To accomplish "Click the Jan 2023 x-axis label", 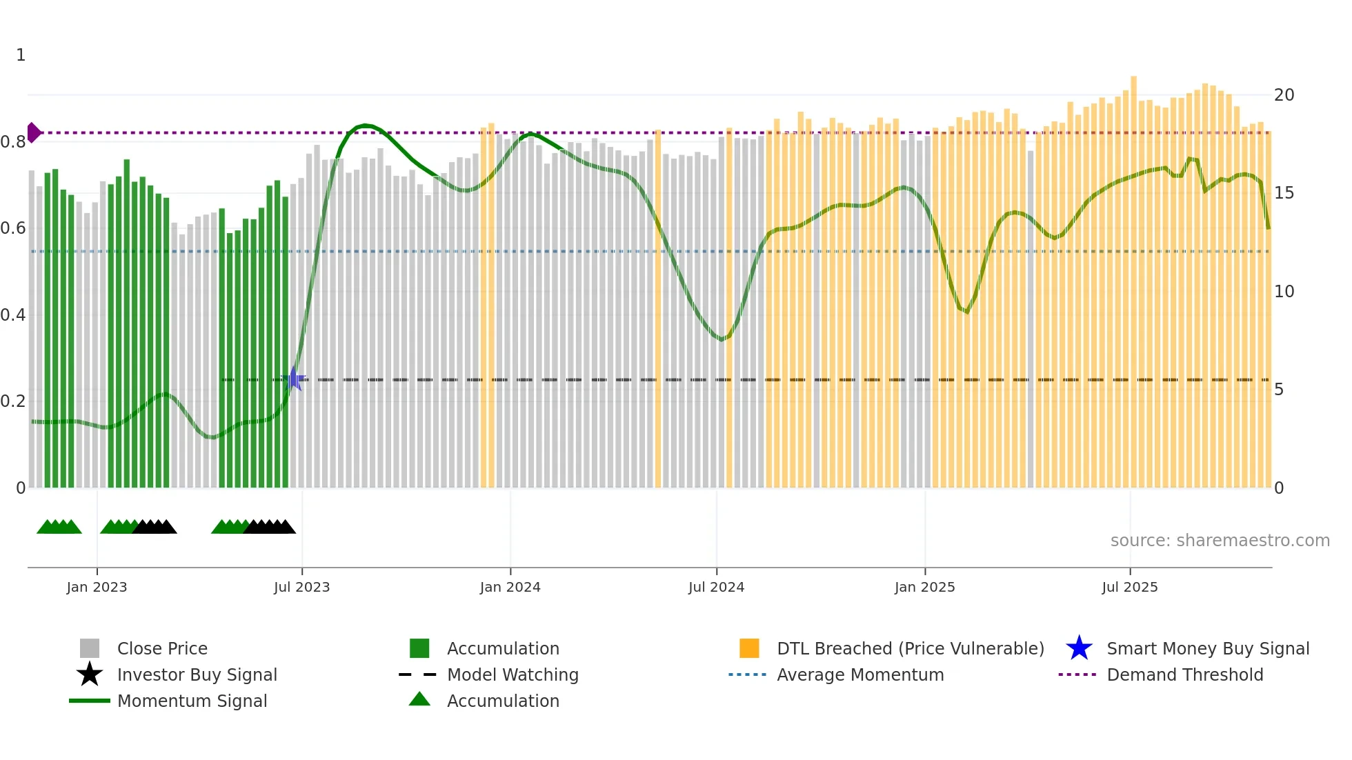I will [97, 587].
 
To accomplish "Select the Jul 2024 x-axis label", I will [716, 587].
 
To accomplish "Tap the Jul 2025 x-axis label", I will [1129, 587].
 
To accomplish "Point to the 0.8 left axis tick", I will [12, 142].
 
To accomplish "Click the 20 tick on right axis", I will [1284, 95].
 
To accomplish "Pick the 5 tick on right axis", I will [1279, 390].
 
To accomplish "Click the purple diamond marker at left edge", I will [33, 132].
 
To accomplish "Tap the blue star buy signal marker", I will [295, 379].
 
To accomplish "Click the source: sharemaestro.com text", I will [1220, 541].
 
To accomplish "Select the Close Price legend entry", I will [161, 648].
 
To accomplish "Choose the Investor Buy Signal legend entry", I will [197, 674].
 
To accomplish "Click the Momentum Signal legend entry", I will [192, 701].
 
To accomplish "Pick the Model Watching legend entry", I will [512, 674].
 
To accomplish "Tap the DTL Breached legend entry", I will [910, 648].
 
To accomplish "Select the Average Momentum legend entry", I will [859, 674].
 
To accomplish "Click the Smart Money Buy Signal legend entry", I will [1207, 648].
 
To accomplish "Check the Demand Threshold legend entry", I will [1184, 674].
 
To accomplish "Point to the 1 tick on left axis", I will [21, 55].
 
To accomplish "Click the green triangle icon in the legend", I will [419, 699].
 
